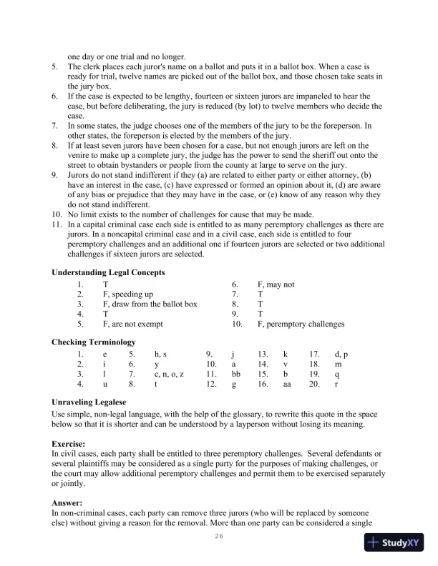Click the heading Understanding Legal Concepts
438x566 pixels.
click(x=109, y=272)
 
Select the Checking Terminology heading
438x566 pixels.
click(x=94, y=342)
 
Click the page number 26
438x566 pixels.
click(x=219, y=537)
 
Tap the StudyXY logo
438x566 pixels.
click(x=393, y=543)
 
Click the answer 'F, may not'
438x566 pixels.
click(x=276, y=284)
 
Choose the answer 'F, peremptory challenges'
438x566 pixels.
click(x=301, y=324)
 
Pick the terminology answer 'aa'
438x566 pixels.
click(x=288, y=384)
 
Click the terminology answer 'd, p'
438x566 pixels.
click(x=341, y=354)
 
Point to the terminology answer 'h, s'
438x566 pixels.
click(x=160, y=354)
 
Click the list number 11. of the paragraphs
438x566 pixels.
click(x=57, y=224)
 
